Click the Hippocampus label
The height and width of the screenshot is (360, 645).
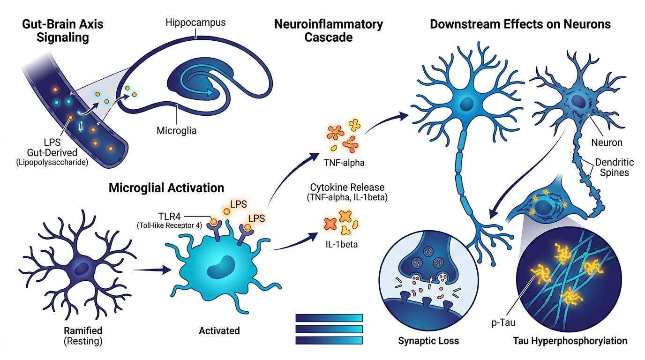(x=195, y=23)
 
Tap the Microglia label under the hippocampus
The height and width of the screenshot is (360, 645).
(x=177, y=130)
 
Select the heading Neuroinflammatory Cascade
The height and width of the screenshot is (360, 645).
(x=329, y=30)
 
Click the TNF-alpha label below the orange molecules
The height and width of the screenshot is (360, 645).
(x=344, y=163)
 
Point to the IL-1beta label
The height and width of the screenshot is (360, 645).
(x=342, y=244)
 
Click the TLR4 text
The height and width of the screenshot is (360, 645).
(x=170, y=216)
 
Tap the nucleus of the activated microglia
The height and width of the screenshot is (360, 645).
(x=221, y=267)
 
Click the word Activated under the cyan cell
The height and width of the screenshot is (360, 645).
(x=219, y=330)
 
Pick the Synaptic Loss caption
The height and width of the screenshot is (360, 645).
(x=428, y=341)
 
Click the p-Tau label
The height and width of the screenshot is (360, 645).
(x=503, y=323)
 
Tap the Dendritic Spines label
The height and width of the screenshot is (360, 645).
(x=614, y=167)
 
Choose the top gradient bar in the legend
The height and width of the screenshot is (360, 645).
(x=329, y=318)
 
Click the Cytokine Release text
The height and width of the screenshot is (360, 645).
(x=347, y=187)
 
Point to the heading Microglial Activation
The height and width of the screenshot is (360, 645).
(x=166, y=188)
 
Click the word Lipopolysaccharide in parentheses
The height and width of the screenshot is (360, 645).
(x=52, y=163)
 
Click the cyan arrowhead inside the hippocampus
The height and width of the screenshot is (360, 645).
(x=210, y=92)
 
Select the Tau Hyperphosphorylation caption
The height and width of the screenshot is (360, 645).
(x=570, y=341)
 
